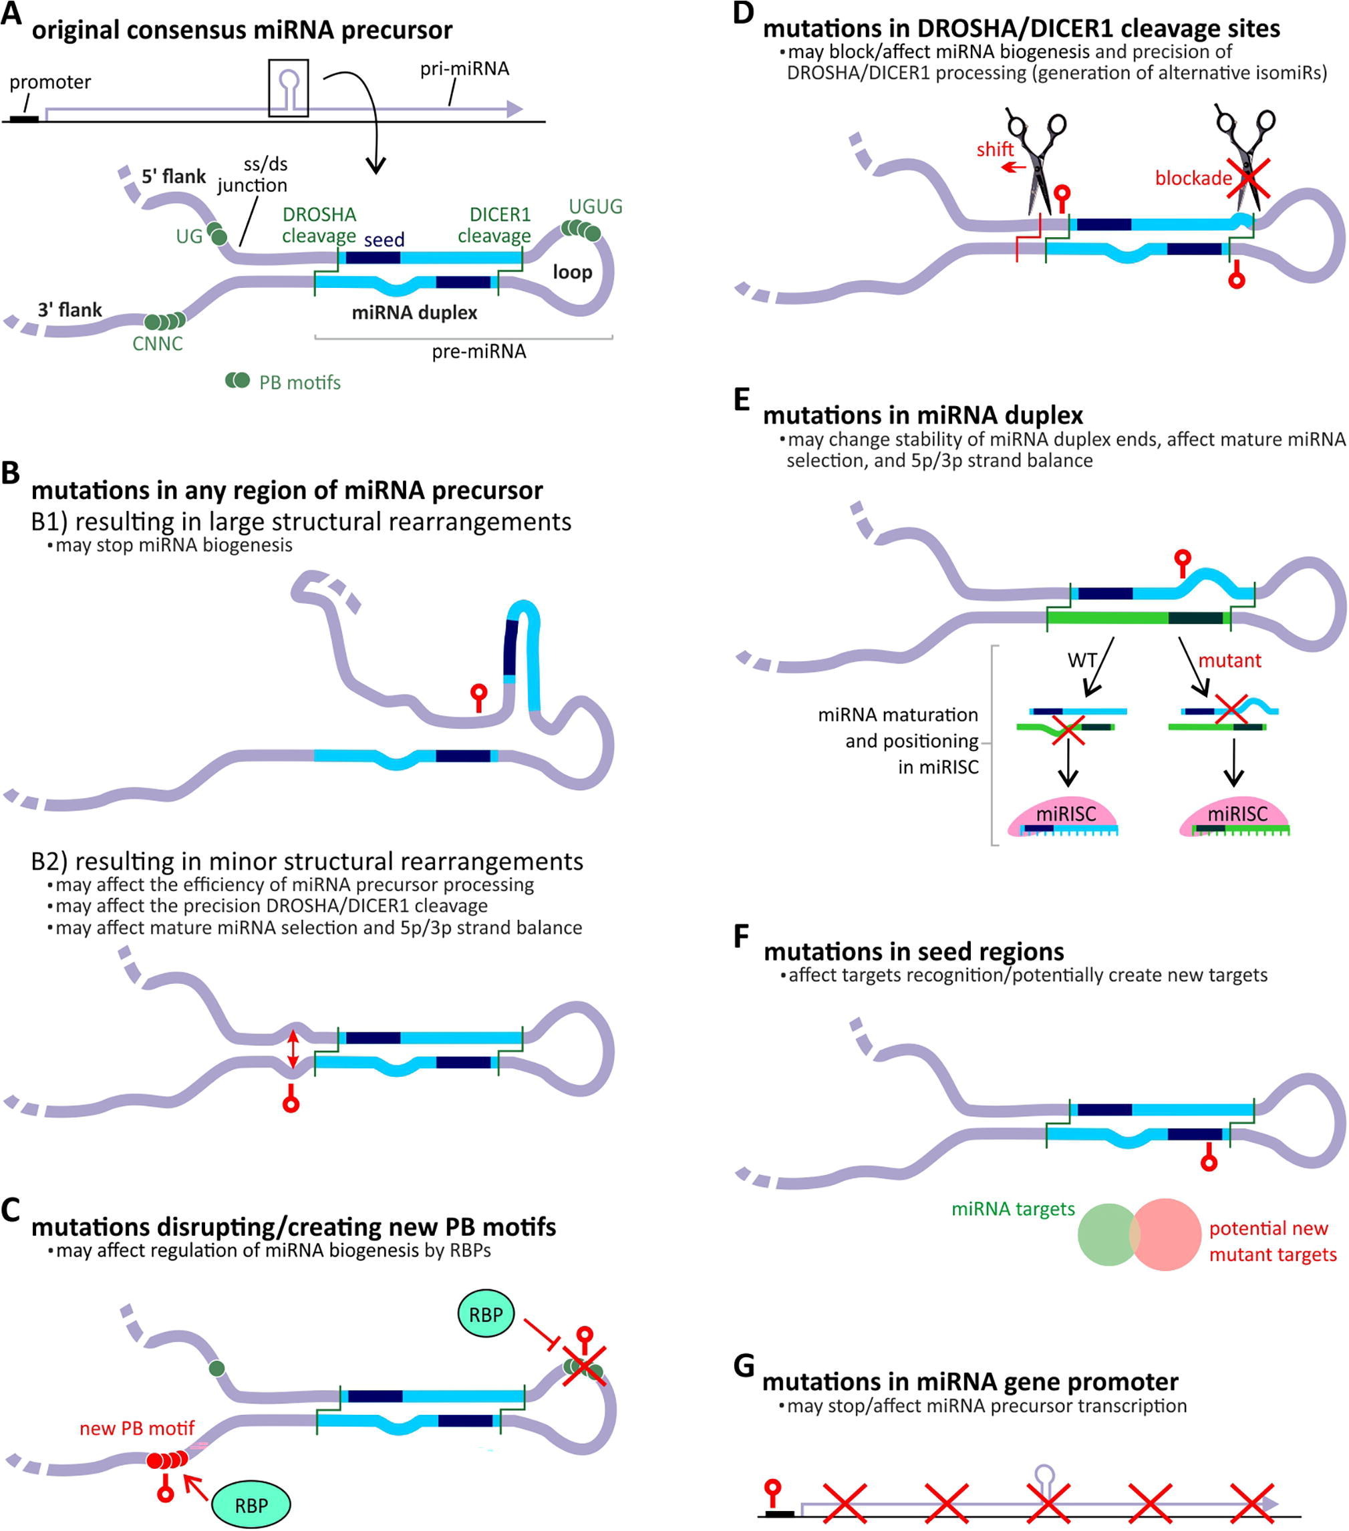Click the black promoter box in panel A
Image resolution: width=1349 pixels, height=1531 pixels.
(x=24, y=118)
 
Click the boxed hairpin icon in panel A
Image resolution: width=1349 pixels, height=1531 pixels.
(x=289, y=88)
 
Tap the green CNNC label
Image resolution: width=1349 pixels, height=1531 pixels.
(x=157, y=344)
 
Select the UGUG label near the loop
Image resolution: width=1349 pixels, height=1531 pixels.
(x=595, y=206)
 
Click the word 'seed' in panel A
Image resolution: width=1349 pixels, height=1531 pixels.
(x=384, y=240)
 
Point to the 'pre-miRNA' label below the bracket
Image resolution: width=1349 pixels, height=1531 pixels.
(x=478, y=351)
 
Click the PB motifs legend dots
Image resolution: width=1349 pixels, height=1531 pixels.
(x=237, y=381)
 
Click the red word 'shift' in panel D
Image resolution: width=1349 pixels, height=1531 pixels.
(x=995, y=150)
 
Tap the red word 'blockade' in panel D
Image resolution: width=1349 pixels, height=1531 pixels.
(x=1193, y=178)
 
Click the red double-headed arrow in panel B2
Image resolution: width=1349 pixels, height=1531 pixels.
(x=293, y=1049)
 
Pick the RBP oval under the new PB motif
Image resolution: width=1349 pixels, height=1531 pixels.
(x=251, y=1505)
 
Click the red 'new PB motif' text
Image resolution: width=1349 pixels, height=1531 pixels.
(x=137, y=1428)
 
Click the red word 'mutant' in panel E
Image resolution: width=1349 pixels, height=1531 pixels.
(x=1229, y=661)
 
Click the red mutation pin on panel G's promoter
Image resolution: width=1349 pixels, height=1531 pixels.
(x=773, y=1490)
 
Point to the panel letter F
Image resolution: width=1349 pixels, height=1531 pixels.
(x=741, y=936)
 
